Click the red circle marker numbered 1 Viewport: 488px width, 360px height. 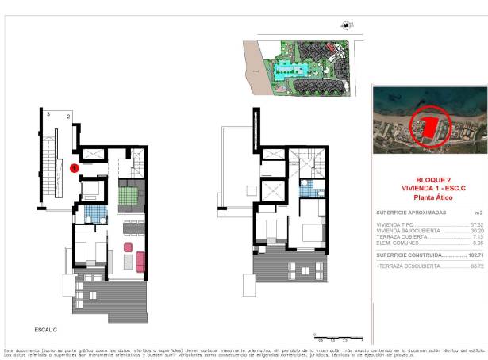coord(74,167)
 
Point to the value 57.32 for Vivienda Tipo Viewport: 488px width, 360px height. coord(475,225)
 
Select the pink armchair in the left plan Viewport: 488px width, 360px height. coord(127,247)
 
